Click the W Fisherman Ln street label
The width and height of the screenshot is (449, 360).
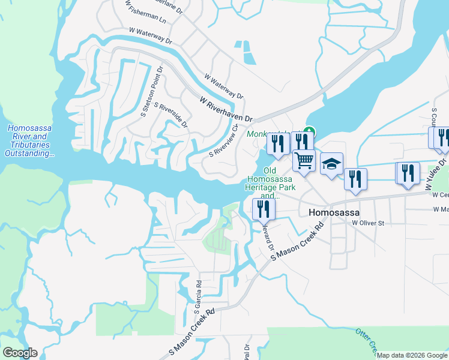point(146,12)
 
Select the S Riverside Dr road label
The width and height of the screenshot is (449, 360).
point(171,115)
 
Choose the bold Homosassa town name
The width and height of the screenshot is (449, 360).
point(333,212)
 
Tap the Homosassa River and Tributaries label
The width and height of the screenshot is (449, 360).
point(29,141)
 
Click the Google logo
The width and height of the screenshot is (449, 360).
point(20,353)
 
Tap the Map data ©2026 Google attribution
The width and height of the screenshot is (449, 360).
point(412,355)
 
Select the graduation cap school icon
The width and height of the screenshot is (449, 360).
point(331,164)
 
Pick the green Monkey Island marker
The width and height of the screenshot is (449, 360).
point(310,131)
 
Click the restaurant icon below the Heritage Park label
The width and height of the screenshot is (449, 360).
point(264,208)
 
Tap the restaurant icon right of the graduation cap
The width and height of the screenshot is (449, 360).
point(355,178)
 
